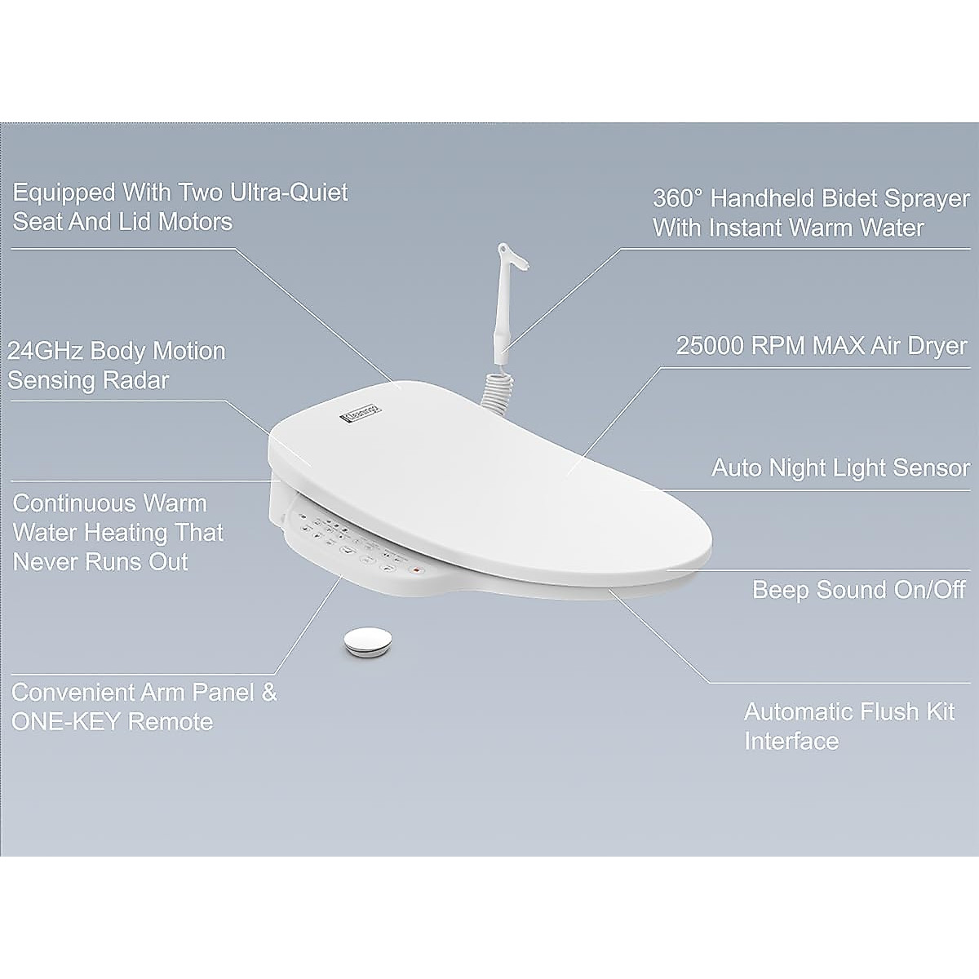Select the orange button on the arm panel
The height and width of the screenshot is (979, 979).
[x=415, y=569]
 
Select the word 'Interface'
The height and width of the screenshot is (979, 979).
[x=791, y=742]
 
